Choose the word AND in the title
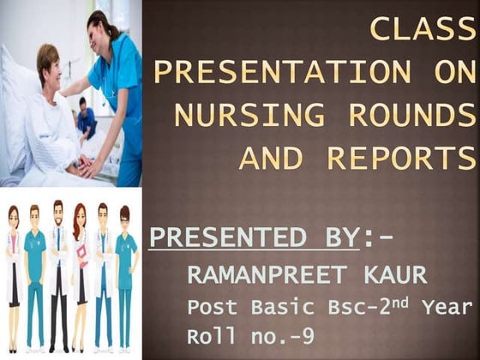(271, 158)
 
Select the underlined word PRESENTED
(252, 238)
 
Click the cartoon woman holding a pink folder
(79, 274)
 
